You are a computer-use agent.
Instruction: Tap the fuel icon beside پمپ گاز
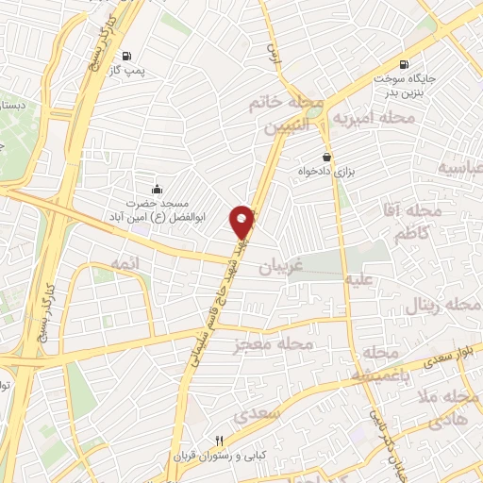pyautogui.click(x=128, y=55)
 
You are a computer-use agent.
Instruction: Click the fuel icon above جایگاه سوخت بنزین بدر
pyautogui.click(x=405, y=65)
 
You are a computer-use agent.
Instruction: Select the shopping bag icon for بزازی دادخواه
pyautogui.click(x=326, y=157)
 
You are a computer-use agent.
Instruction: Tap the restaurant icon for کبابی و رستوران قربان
pyautogui.click(x=220, y=441)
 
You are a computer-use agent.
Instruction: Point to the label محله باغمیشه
pyautogui.click(x=377, y=364)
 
